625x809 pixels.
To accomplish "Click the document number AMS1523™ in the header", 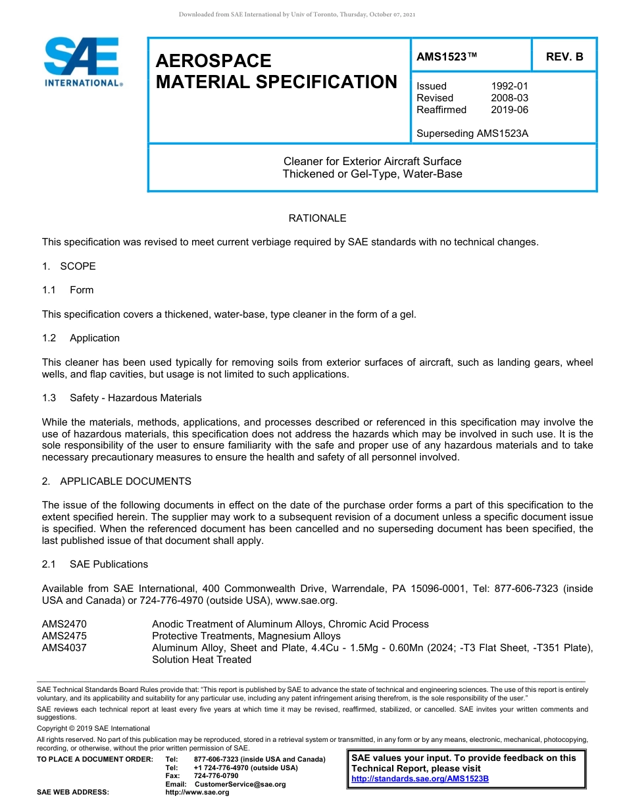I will point(447,57).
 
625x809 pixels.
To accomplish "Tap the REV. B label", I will point(564,57).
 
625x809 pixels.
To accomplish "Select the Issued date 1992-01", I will point(509,86).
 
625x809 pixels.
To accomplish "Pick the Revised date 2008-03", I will point(509,98).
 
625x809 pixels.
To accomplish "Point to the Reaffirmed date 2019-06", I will point(509,110).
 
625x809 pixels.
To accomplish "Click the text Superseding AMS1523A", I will point(472,134).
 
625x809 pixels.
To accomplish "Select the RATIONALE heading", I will point(317,218).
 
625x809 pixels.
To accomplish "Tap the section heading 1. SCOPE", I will point(69,266).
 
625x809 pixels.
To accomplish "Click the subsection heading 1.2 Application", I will point(81,338).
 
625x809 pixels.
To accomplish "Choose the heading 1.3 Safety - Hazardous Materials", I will point(122,398).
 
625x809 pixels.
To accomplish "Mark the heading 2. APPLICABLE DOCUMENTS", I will point(116,481).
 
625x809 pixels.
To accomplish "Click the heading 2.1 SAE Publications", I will point(95,564).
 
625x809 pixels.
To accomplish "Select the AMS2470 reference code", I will point(64,624).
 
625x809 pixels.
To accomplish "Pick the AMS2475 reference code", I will point(64,636).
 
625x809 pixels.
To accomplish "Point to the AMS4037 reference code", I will point(64,648).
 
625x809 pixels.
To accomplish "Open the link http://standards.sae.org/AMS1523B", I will point(420,779).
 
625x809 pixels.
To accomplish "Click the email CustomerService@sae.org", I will point(240,784).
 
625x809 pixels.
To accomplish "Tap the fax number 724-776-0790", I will point(216,776).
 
